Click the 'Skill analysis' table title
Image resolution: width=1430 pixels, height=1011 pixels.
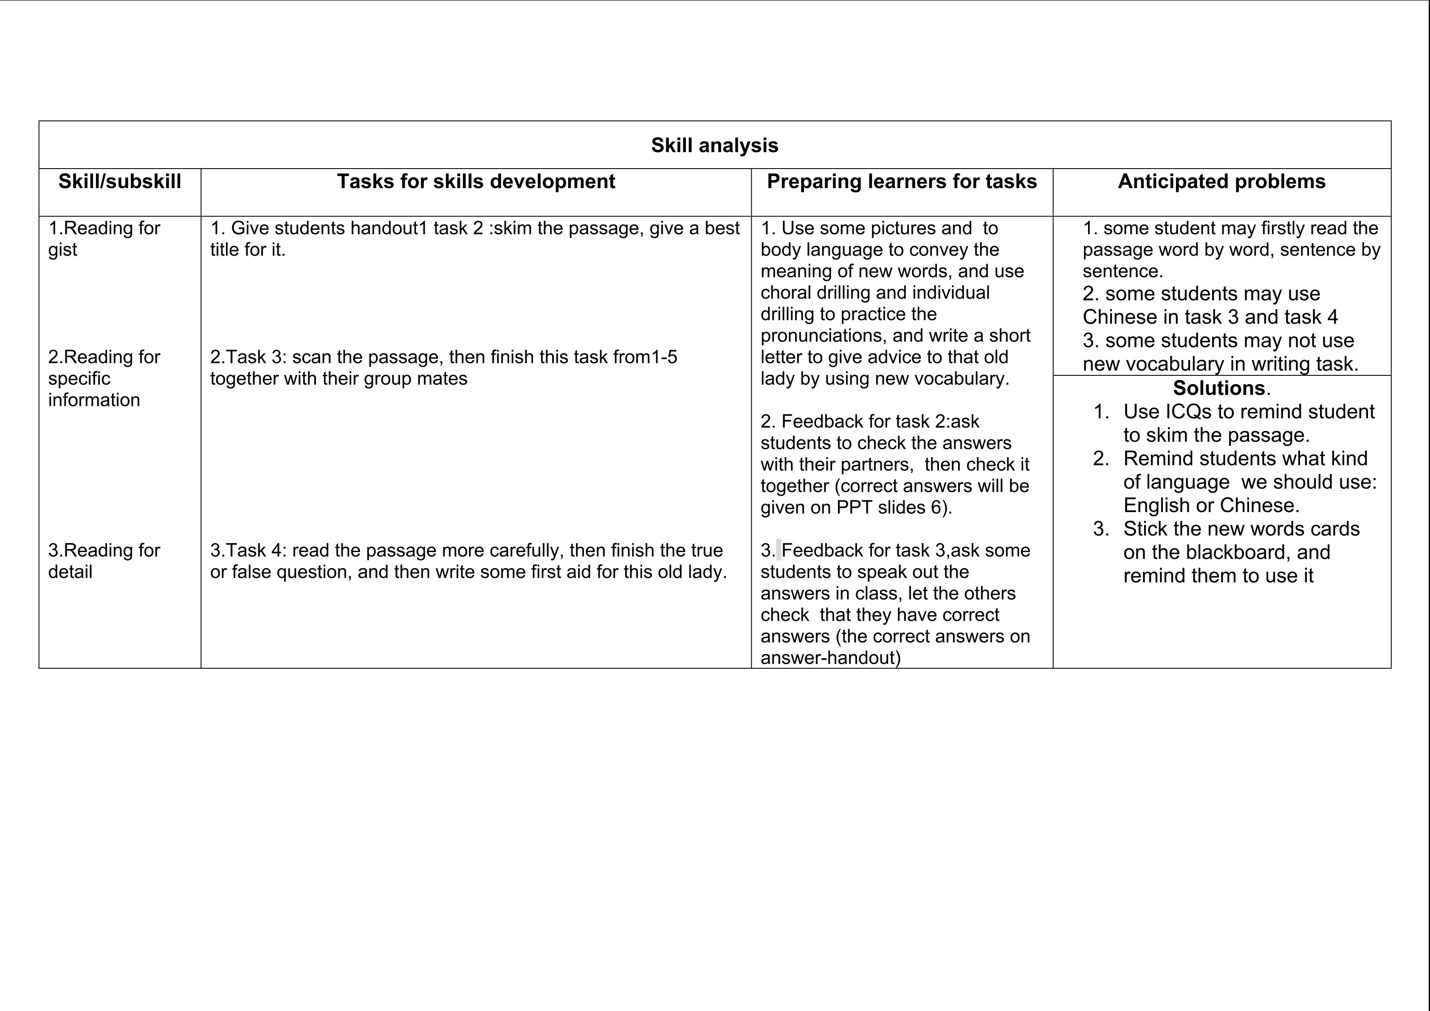tap(714, 145)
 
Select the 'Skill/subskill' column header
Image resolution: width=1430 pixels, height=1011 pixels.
tap(120, 181)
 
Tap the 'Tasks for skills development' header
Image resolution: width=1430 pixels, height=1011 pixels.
tap(476, 181)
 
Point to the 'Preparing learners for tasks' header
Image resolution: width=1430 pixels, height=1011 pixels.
tap(902, 181)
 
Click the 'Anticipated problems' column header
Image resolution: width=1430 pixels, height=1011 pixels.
tap(1221, 181)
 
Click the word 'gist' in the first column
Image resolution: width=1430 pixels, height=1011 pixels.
tap(62, 250)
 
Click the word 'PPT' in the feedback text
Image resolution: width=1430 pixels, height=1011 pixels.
tap(854, 507)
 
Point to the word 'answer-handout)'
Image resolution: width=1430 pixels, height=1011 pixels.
tap(830, 658)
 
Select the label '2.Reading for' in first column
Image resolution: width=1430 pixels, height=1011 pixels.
tap(104, 358)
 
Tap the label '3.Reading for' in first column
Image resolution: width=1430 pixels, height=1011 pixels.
tap(104, 550)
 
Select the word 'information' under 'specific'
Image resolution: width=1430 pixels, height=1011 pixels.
tap(94, 400)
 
